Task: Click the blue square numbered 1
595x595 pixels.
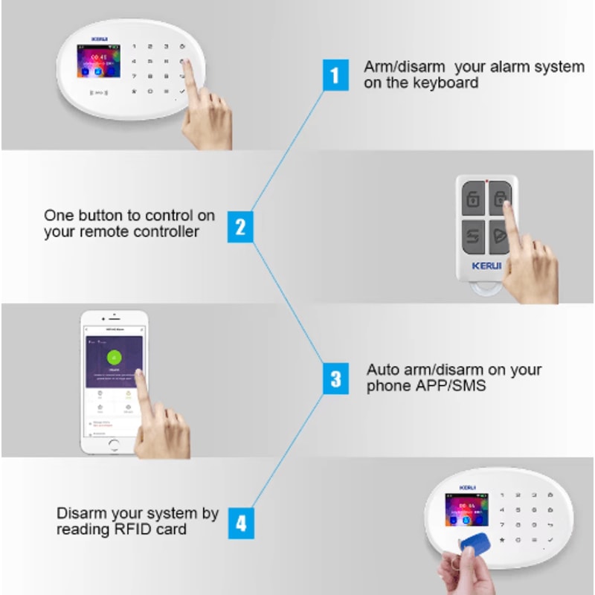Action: pos(335,76)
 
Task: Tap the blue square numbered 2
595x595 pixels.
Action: pos(240,226)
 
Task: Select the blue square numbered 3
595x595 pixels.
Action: pos(335,379)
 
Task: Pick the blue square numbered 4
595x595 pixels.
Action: pos(240,523)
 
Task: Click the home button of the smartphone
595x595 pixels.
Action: pos(113,443)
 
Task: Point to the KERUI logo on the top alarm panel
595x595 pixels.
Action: pos(100,39)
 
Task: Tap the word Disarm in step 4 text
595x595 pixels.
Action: pos(81,513)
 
